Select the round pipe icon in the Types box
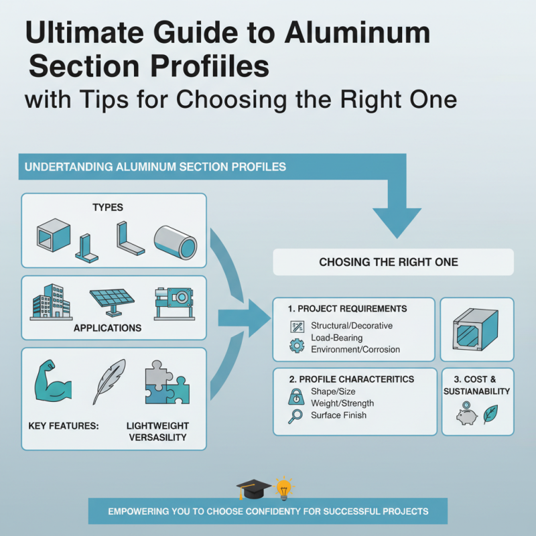[x=175, y=241]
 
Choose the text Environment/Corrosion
[x=355, y=349]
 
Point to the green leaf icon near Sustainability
[x=490, y=413]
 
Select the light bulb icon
[x=284, y=488]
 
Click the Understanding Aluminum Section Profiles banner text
[x=156, y=167]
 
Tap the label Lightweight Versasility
[x=157, y=431]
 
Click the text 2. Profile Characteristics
[x=351, y=379]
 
